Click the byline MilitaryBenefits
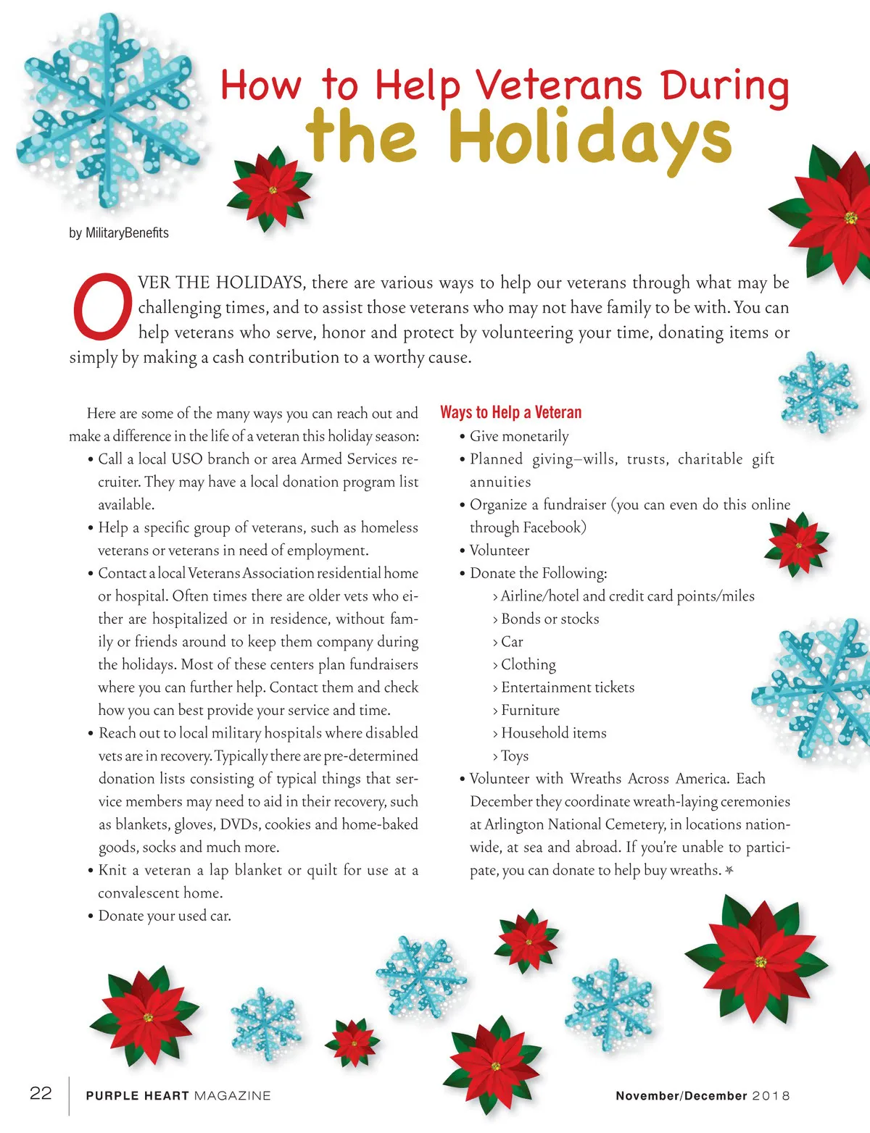coord(119,233)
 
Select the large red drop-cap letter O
coord(102,306)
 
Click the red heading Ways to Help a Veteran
coord(510,412)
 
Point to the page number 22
coord(41,1093)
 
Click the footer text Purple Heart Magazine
coord(178,1095)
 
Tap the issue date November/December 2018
coord(702,1095)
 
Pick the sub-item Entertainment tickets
coord(567,687)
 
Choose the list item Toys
coord(515,756)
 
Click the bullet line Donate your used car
coord(164,916)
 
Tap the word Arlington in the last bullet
coord(514,824)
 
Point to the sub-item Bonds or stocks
coord(550,619)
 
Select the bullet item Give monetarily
coord(518,436)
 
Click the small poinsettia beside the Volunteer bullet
coord(796,543)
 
